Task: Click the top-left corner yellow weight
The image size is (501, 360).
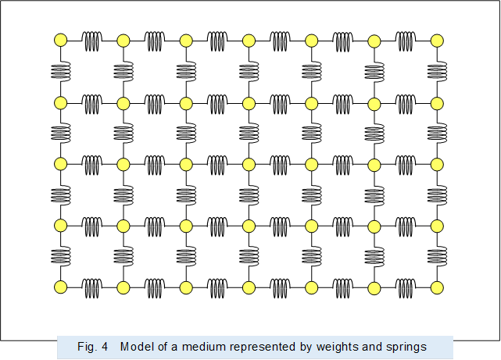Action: pos(60,41)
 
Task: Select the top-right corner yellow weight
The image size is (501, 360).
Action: pos(437,41)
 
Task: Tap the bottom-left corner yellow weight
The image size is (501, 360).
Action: pos(60,287)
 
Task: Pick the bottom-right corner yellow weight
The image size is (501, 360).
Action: pos(437,287)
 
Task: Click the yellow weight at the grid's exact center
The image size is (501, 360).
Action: pos(249,164)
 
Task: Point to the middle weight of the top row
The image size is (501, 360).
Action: pos(249,41)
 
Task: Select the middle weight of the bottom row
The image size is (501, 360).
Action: pos(249,287)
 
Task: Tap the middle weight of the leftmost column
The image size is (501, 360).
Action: pos(60,164)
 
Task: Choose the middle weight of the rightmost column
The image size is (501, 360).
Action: pos(437,164)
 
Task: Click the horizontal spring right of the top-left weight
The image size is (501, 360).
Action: pos(91,41)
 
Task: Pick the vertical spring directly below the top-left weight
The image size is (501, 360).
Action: pos(60,71)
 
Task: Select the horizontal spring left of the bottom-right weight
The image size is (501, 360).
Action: pos(406,287)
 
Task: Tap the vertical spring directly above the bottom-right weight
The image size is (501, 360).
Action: pos(437,256)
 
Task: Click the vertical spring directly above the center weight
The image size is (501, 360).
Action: pos(249,133)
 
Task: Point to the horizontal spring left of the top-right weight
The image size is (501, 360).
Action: pos(406,41)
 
